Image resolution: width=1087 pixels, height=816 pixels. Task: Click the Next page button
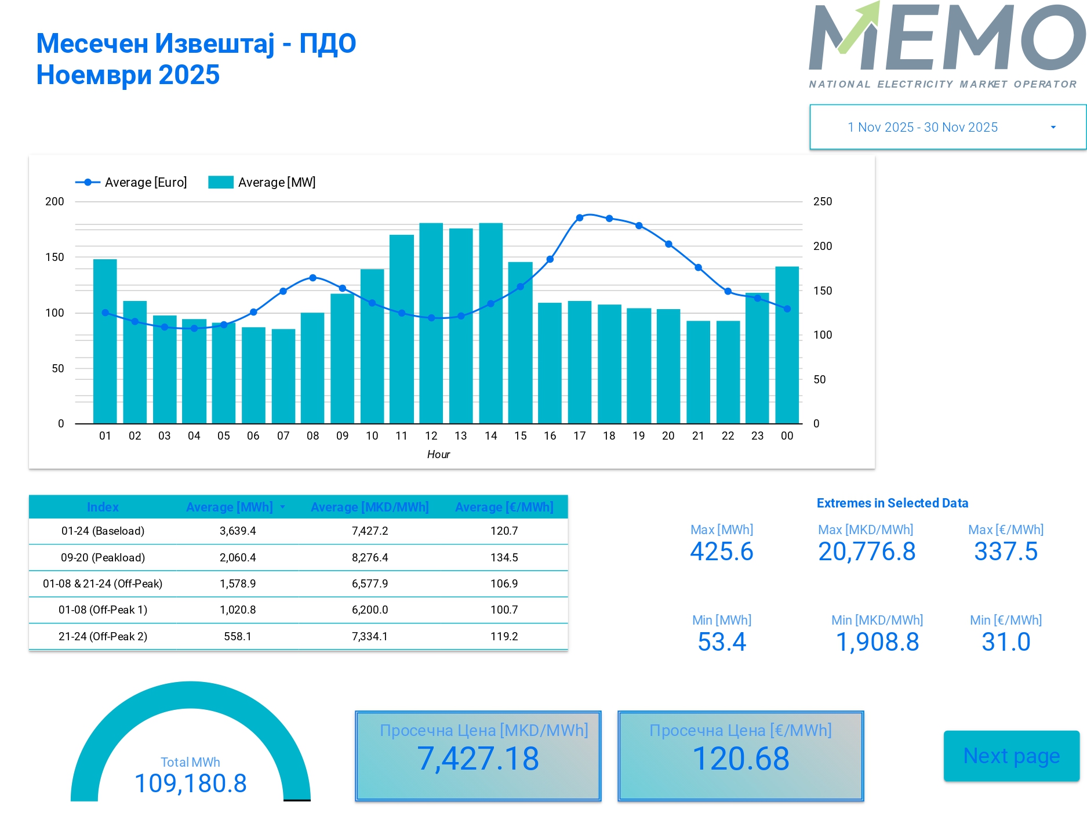tap(1011, 756)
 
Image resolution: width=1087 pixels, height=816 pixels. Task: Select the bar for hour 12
tap(431, 323)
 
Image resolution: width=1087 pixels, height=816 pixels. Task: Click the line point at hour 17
tap(579, 218)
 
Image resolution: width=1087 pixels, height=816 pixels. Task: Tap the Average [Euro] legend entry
tap(132, 182)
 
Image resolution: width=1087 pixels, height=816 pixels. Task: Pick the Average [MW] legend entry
tap(262, 182)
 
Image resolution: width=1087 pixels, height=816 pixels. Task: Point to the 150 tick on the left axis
tap(54, 257)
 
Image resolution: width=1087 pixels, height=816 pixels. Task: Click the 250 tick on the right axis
tap(822, 201)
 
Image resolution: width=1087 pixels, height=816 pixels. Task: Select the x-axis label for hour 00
tap(787, 436)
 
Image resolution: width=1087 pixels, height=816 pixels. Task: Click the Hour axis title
tap(438, 454)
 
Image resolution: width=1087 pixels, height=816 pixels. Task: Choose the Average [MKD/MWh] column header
tap(369, 507)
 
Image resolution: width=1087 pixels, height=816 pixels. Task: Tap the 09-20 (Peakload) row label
tap(103, 557)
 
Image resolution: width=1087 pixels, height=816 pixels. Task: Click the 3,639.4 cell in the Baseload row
tap(238, 531)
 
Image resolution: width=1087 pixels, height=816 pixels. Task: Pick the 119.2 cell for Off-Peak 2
tap(504, 636)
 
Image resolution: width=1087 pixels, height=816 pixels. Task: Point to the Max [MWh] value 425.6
tap(721, 551)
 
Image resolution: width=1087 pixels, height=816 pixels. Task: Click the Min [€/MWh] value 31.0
tap(1006, 641)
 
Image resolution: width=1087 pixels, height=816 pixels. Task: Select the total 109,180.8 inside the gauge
tap(190, 783)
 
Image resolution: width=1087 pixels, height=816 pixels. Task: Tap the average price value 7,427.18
tap(478, 759)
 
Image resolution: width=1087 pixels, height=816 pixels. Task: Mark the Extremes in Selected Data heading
tap(892, 503)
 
